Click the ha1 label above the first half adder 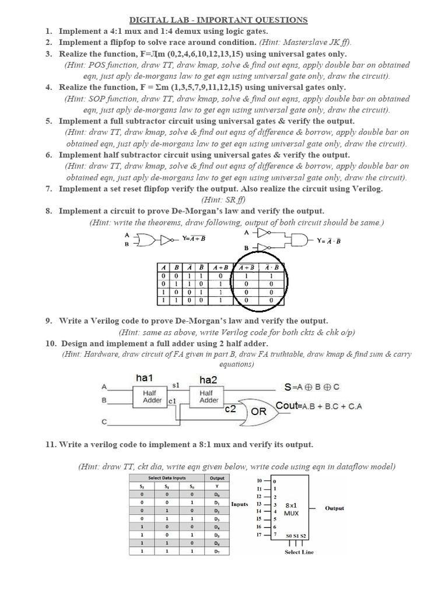tap(144, 378)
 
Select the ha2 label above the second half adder tap(208, 380)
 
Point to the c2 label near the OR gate tap(230, 409)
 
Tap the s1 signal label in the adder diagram tap(175, 386)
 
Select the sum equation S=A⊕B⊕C tap(311, 387)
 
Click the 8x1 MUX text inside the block tap(291, 509)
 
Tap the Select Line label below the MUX tap(299, 552)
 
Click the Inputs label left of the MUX tap(240, 504)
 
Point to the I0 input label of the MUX tap(260, 480)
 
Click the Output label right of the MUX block tap(334, 508)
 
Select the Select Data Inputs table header tap(167, 477)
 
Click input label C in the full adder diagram tap(104, 422)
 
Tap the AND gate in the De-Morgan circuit tap(299, 240)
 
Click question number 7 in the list tap(49, 189)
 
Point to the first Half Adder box tap(153, 397)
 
